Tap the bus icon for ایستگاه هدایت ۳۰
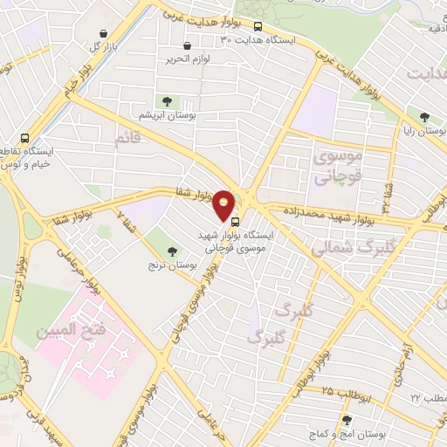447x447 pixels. coord(258,26)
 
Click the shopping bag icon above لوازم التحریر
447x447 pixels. coord(186,45)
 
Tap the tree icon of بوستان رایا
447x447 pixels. coord(424,117)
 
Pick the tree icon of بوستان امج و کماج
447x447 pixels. coord(347,421)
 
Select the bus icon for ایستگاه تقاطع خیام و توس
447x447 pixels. coord(24,138)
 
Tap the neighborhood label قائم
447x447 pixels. coord(127,138)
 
